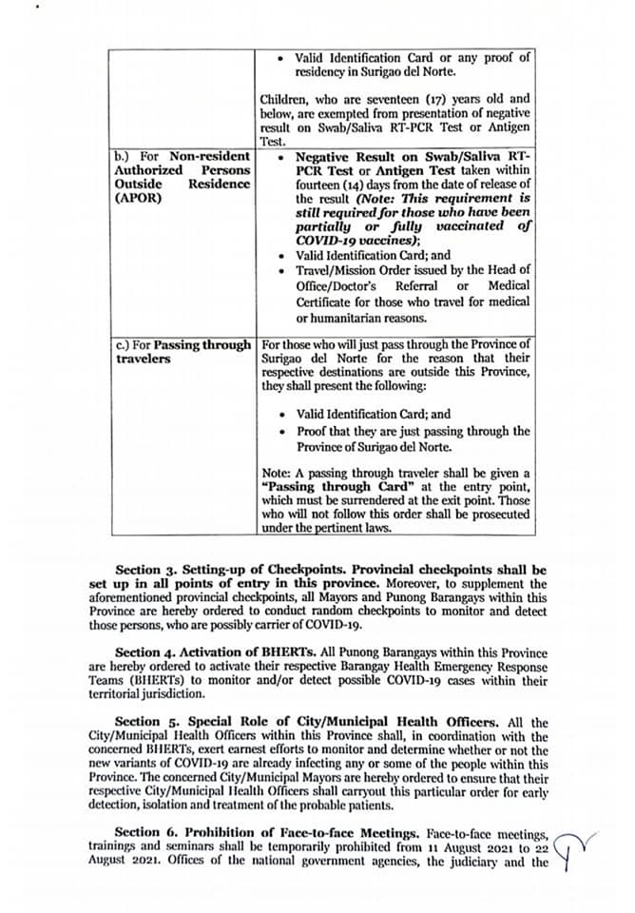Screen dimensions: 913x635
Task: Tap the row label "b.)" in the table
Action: (x=122, y=155)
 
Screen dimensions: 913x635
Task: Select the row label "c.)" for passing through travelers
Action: (x=122, y=343)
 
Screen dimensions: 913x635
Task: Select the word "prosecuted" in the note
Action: (x=498, y=514)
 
